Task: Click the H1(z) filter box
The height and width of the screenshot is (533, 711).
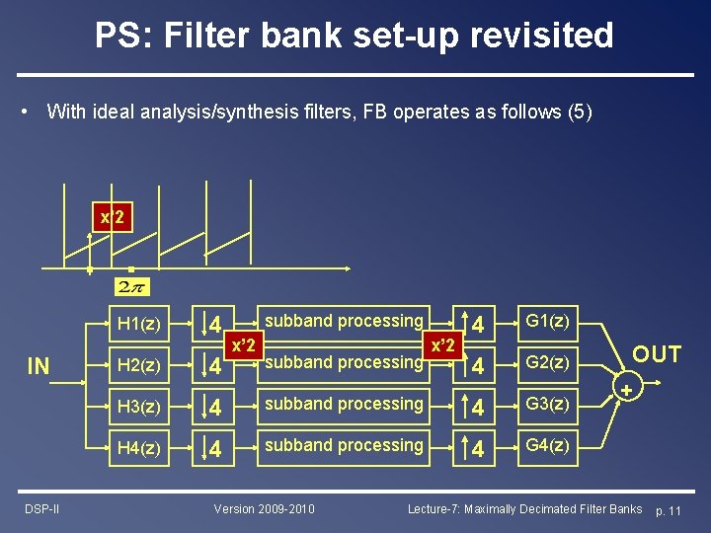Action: (138, 323)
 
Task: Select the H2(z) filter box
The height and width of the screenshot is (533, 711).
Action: (138, 364)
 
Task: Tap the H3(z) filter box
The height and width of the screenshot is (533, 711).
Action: (138, 406)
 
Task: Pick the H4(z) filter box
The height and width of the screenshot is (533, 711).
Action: (138, 447)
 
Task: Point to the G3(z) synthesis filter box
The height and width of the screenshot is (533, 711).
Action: (546, 405)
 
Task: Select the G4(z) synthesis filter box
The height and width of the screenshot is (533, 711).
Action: (546, 446)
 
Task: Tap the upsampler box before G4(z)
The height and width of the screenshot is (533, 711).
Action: (476, 447)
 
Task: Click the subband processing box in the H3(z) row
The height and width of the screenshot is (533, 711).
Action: (343, 405)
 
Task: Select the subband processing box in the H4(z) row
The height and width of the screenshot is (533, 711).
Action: (343, 446)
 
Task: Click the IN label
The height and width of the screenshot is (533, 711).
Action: (39, 367)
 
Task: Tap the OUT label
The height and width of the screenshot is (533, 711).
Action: (657, 354)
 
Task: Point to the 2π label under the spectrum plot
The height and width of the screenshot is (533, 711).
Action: (130, 287)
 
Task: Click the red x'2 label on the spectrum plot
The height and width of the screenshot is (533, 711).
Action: (112, 217)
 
